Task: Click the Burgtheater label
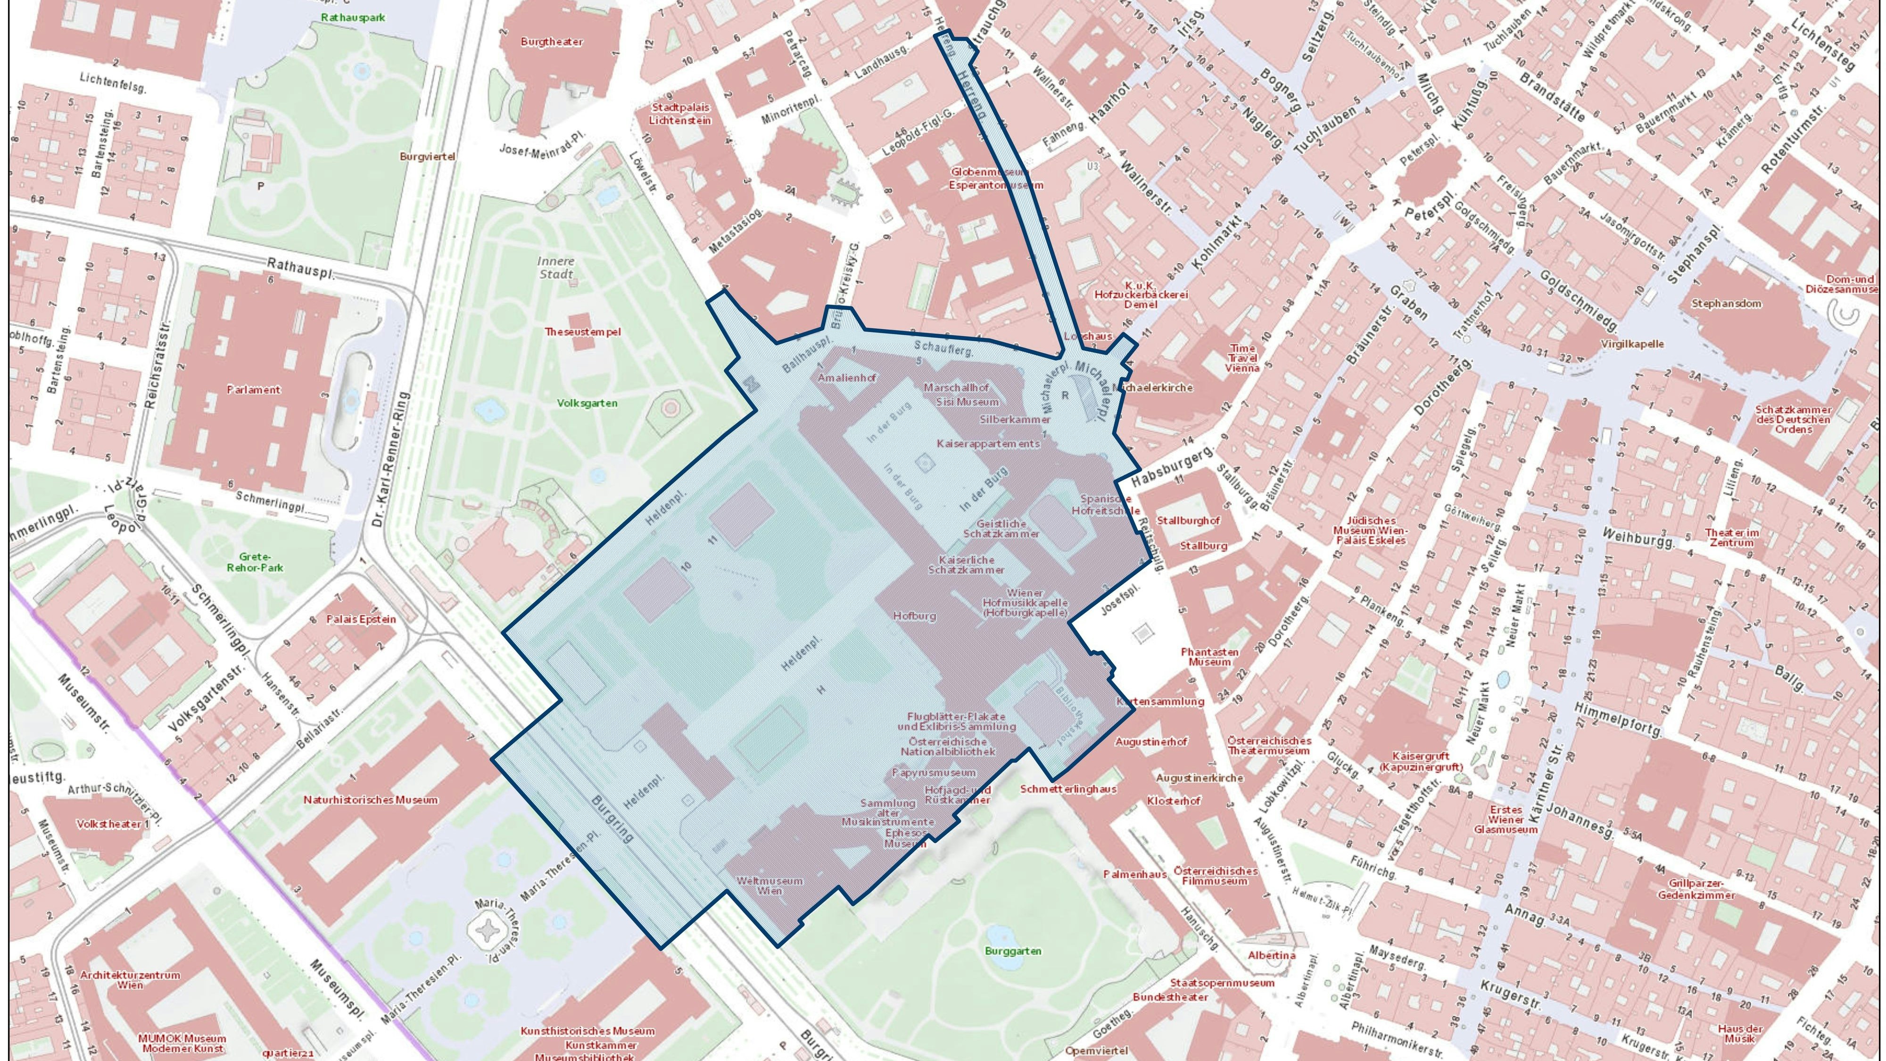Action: coord(551,42)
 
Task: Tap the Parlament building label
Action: coord(253,390)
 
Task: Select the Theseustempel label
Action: coord(582,332)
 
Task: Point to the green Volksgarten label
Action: coord(587,403)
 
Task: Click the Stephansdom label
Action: coord(1726,303)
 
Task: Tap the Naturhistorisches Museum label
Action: coord(371,800)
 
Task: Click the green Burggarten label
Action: coord(1013,951)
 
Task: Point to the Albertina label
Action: coord(1271,955)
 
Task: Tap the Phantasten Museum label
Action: coord(1209,657)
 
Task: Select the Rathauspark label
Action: coord(352,17)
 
